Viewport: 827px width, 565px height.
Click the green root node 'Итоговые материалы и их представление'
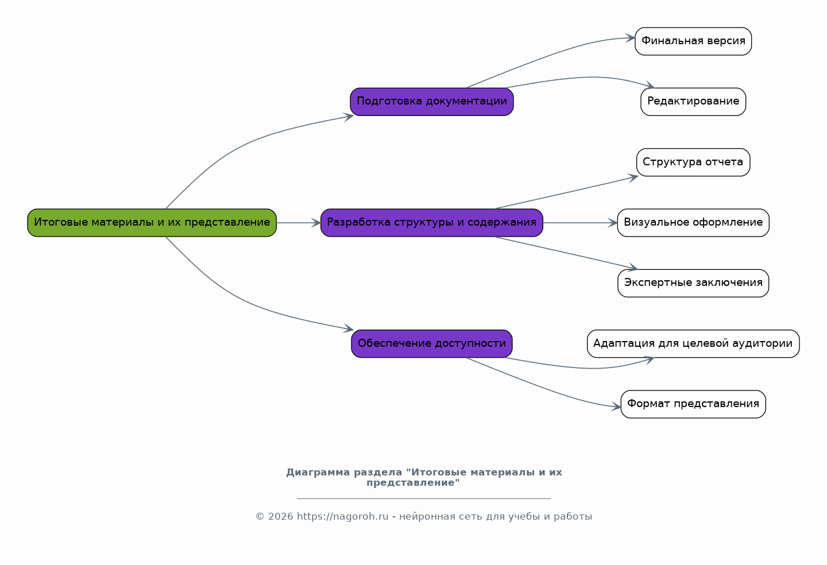tap(152, 223)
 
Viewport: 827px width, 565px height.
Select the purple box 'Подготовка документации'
tap(432, 102)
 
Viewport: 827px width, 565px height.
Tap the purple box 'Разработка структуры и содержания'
tap(432, 223)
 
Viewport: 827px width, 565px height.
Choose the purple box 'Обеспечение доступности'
tap(432, 343)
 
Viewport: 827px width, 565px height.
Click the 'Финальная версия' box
tap(693, 41)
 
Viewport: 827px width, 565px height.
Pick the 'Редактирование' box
tap(693, 102)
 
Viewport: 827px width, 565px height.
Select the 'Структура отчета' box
tap(693, 162)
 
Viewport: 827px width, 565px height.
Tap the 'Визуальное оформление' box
tap(693, 223)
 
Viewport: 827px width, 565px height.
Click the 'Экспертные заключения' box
tap(693, 283)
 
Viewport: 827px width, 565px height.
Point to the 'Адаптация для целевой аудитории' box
tap(693, 343)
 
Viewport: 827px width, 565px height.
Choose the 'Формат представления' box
tap(693, 404)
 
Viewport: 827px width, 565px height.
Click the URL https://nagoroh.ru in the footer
tap(343, 516)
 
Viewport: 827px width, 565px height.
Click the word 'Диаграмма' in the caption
tap(318, 473)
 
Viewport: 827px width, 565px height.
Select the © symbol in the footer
tap(260, 516)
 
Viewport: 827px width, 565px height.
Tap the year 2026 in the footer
tap(281, 516)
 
